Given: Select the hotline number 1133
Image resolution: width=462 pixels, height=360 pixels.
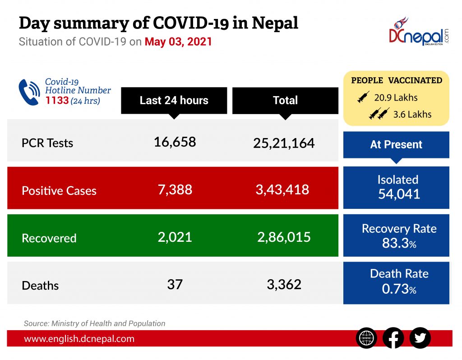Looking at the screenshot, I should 57,101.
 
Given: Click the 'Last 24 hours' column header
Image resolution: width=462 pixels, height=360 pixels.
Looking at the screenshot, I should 174,100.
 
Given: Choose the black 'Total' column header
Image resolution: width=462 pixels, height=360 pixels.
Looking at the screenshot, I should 285,100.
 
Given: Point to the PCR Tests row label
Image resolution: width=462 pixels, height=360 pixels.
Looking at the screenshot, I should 47,143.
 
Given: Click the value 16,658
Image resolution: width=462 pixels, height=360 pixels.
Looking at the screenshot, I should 175,142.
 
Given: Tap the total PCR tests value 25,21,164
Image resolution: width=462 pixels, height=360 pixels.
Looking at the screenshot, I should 284,143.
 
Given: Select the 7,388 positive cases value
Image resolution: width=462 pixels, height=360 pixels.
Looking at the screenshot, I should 175,189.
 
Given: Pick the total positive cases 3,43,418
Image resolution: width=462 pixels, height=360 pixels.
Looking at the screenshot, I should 282,189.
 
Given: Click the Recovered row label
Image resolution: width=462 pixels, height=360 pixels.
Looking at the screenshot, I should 49,238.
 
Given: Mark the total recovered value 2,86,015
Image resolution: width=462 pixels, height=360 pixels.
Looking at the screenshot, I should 284,237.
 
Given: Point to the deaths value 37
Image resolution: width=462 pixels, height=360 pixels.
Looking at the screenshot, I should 175,284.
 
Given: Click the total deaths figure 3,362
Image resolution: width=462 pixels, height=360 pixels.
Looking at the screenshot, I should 284,284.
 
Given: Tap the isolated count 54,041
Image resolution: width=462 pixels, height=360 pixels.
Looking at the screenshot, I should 399,194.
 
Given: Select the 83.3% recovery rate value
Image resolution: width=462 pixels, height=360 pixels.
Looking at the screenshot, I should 399,244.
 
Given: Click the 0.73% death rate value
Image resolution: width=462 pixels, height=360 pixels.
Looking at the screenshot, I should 399,289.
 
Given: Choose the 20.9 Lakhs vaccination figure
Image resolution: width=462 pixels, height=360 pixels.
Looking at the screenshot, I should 396,97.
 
